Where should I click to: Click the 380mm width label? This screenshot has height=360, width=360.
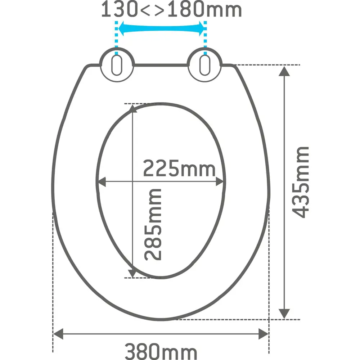pyautogui.click(x=161, y=352)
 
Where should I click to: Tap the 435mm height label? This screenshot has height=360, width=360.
pyautogui.click(x=301, y=182)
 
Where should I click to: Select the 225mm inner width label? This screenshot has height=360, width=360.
pyautogui.click(x=179, y=168)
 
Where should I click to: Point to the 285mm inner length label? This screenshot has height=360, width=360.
pyautogui.click(x=153, y=225)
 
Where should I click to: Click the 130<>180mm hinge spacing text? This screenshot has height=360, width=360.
pyautogui.click(x=171, y=9)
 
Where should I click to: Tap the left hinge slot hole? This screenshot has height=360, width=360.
pyautogui.click(x=117, y=65)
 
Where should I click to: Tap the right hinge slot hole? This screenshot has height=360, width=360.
pyautogui.click(x=205, y=65)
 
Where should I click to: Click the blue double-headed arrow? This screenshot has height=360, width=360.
pyautogui.click(x=161, y=29)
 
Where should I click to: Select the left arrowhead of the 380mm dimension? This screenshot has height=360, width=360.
pyautogui.click(x=58, y=334)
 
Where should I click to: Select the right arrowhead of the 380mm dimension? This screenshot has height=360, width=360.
pyautogui.click(x=264, y=334)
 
